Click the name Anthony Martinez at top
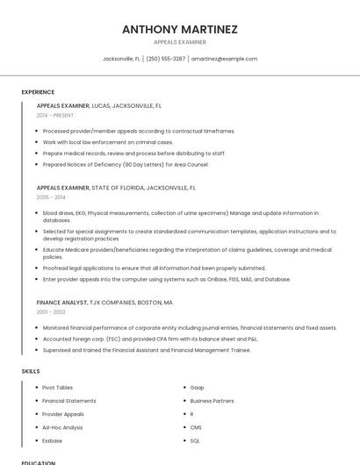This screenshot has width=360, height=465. (180, 29)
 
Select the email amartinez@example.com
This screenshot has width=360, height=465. (224, 59)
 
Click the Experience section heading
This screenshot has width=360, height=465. (38, 92)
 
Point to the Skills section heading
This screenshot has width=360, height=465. (31, 371)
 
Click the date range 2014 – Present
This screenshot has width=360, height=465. (56, 115)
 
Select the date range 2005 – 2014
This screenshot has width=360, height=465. (50, 197)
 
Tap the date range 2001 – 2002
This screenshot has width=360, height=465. (50, 311)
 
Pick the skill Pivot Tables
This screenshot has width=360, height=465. (57, 387)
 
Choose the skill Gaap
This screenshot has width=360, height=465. (197, 387)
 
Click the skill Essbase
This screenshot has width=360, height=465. (53, 440)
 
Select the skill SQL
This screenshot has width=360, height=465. (195, 440)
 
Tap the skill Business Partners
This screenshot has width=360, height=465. (212, 400)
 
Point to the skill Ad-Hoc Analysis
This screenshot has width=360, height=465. (62, 427)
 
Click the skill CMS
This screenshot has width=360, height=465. (196, 427)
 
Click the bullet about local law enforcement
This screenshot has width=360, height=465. (107, 141)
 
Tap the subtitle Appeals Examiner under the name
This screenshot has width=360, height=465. (180, 42)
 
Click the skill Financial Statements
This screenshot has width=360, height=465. (69, 400)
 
